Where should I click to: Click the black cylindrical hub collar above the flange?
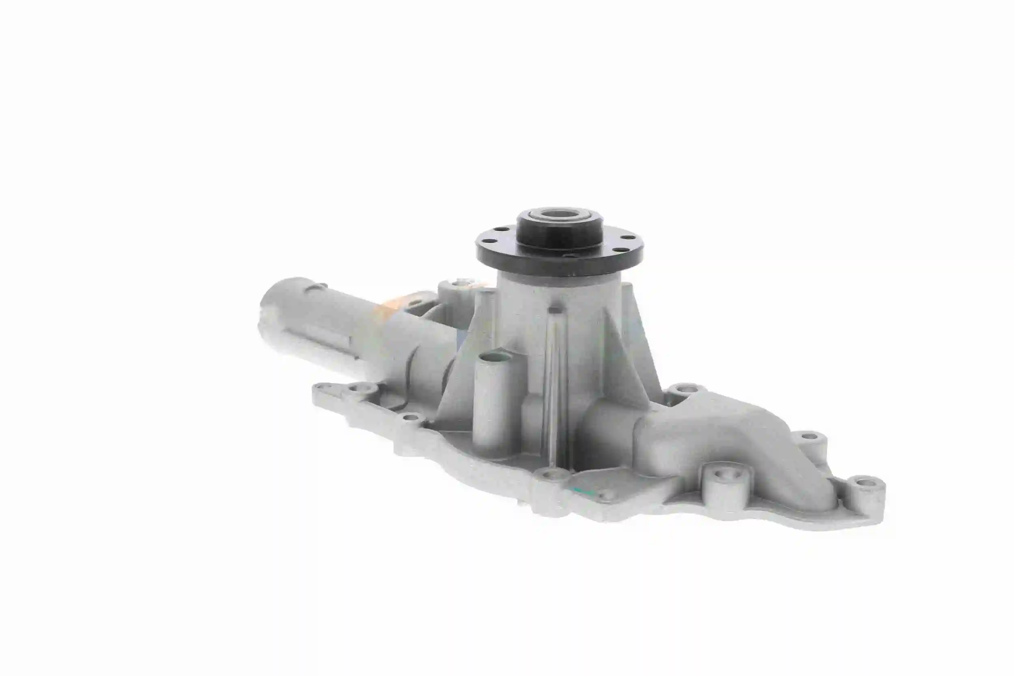(x=559, y=235)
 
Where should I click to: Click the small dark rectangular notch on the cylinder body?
(x=555, y=310)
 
